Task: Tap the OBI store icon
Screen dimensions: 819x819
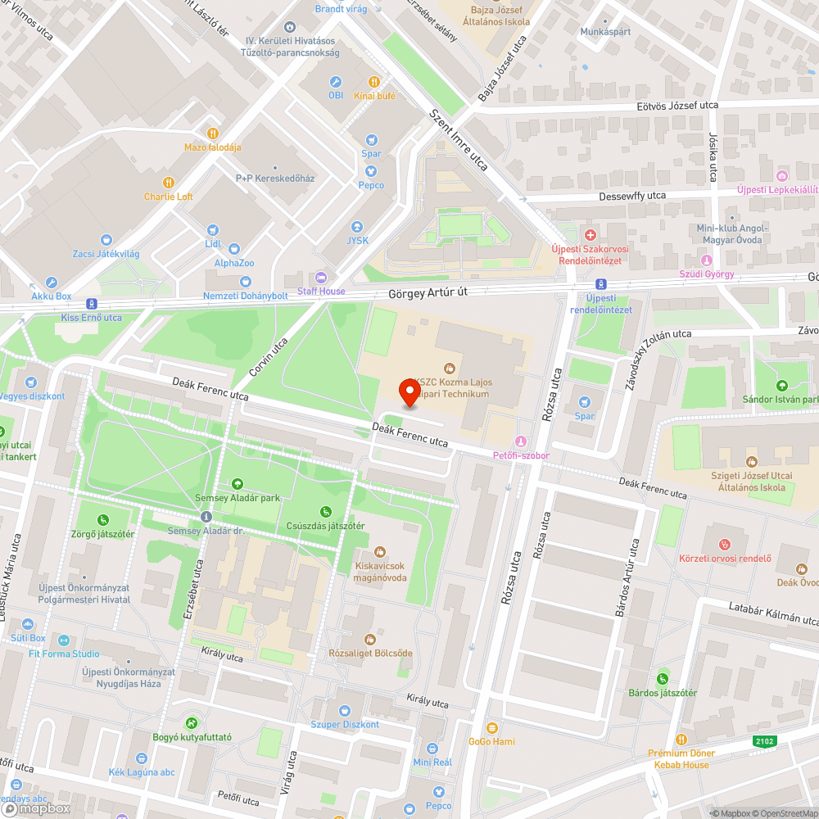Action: [x=335, y=82]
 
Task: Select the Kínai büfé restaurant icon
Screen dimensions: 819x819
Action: [x=373, y=82]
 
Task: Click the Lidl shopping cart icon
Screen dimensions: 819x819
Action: [x=213, y=231]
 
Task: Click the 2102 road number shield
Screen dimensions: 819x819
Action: [x=765, y=740]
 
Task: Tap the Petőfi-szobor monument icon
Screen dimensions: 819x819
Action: [x=521, y=441]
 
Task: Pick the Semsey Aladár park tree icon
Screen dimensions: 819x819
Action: [x=238, y=484]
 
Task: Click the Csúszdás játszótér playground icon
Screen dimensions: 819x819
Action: [x=326, y=512]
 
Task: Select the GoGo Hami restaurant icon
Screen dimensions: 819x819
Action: [x=491, y=728]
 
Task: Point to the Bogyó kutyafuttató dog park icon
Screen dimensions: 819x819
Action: [x=192, y=723]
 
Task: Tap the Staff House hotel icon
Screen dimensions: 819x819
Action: [x=320, y=278]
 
